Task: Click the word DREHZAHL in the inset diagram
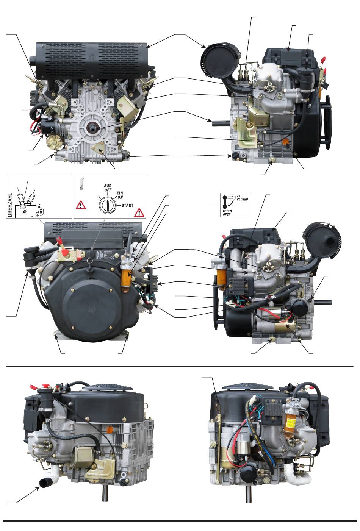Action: [x=10, y=204]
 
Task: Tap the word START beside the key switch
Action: [x=127, y=205]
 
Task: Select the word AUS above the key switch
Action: [x=107, y=186]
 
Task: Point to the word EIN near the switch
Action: [x=120, y=193]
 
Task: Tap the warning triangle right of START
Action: [x=139, y=212]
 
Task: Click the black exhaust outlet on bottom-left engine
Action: [x=45, y=482]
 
